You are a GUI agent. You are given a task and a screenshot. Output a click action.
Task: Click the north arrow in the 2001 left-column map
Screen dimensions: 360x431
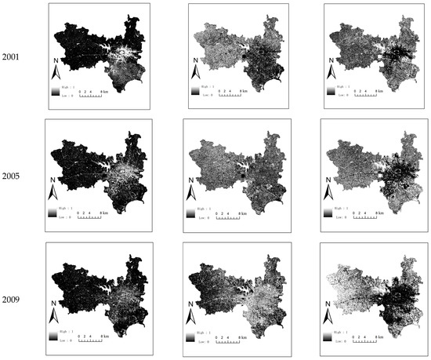tap(56, 72)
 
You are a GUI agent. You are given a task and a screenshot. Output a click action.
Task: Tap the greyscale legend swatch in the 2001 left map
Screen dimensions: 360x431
tap(54, 93)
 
